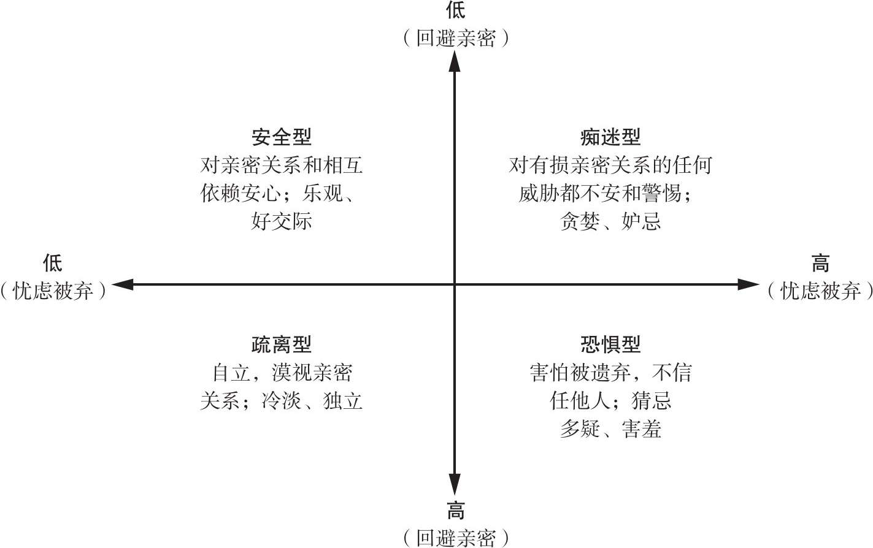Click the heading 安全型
(x=282, y=137)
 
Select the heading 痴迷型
(x=610, y=137)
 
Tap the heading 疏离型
(x=282, y=344)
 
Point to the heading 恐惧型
(x=610, y=344)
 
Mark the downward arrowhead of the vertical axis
(x=455, y=484)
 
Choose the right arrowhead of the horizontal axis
(x=748, y=284)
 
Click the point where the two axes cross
(x=455, y=284)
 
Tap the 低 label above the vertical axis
(x=455, y=10)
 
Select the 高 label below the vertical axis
(x=455, y=510)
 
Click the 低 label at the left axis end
(x=53, y=264)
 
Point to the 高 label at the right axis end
(x=820, y=264)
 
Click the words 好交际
(x=282, y=221)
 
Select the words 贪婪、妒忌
(x=610, y=221)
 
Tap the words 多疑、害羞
(x=610, y=429)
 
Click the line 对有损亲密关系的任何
(x=610, y=165)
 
